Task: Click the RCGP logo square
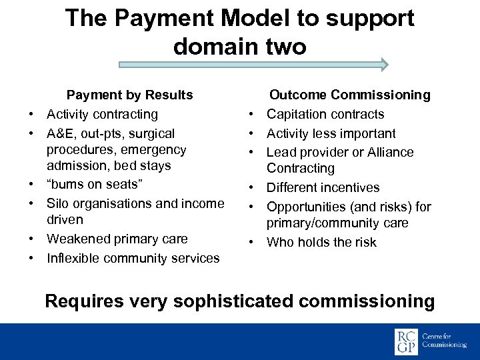pos(406,342)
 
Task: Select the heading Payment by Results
pos(129,95)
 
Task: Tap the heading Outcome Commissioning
pos(349,95)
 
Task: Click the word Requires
pos(84,301)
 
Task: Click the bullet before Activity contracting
pos(32,115)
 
